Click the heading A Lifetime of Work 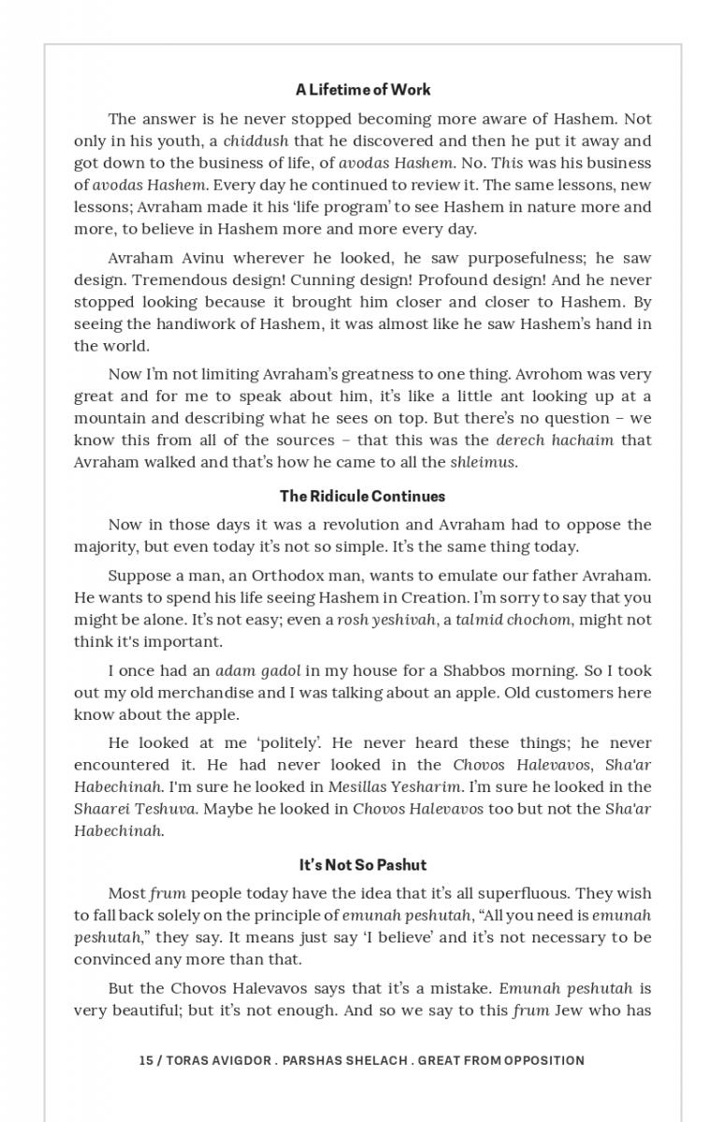(x=363, y=90)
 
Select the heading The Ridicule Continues (x=363, y=496)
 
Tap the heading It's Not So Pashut (x=363, y=865)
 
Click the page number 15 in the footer (x=146, y=1060)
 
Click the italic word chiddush (x=255, y=141)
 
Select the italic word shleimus (x=483, y=462)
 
